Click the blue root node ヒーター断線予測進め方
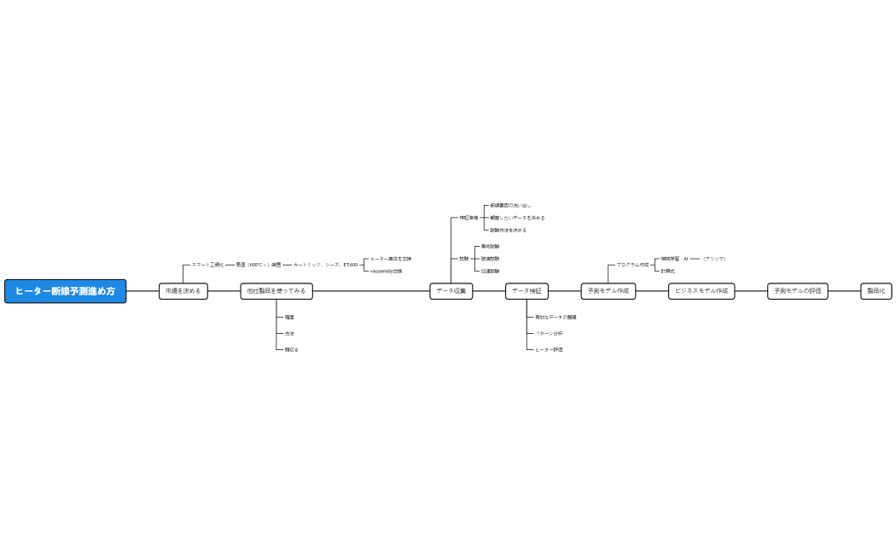(x=65, y=291)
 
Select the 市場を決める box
(x=183, y=291)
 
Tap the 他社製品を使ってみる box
(x=276, y=291)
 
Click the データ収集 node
(x=451, y=291)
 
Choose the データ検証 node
(x=527, y=291)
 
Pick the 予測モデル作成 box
(x=608, y=291)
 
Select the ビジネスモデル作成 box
(x=701, y=291)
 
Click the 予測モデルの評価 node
(x=798, y=291)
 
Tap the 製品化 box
(x=876, y=291)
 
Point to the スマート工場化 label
(x=207, y=265)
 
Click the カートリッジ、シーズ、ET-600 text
(x=326, y=265)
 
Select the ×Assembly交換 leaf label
(x=386, y=271)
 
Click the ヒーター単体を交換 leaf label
(x=391, y=259)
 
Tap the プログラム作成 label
(x=632, y=265)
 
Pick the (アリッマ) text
(x=714, y=259)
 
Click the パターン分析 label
(x=549, y=333)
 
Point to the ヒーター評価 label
(x=549, y=349)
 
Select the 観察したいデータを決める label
(x=517, y=218)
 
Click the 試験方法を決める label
(x=509, y=230)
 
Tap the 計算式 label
(x=668, y=271)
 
